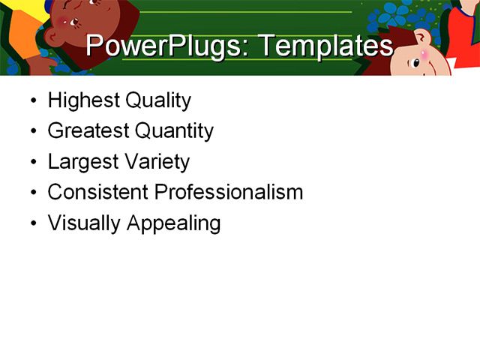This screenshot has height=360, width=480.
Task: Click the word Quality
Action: point(157,100)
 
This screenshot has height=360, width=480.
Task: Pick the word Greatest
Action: point(88,131)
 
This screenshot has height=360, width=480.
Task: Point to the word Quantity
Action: point(174,131)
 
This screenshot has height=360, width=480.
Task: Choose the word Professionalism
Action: point(228,192)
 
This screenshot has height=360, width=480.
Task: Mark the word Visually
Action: point(83,223)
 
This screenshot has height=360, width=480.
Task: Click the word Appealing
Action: point(173,223)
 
